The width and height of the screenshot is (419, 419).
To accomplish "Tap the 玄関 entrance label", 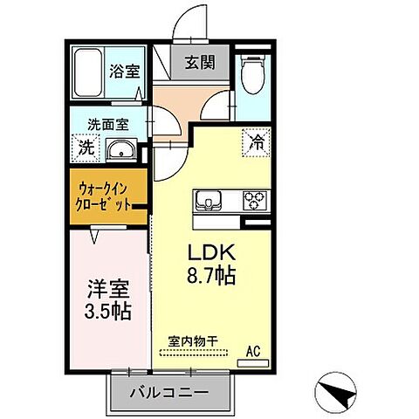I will point(195,62).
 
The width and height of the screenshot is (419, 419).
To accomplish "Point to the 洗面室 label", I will point(105,124).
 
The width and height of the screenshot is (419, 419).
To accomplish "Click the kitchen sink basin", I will point(213,201).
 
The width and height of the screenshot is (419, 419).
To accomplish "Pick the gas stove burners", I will point(254,201).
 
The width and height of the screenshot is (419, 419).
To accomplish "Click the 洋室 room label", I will point(106,289).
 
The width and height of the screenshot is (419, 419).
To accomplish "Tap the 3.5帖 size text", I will point(106,311).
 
